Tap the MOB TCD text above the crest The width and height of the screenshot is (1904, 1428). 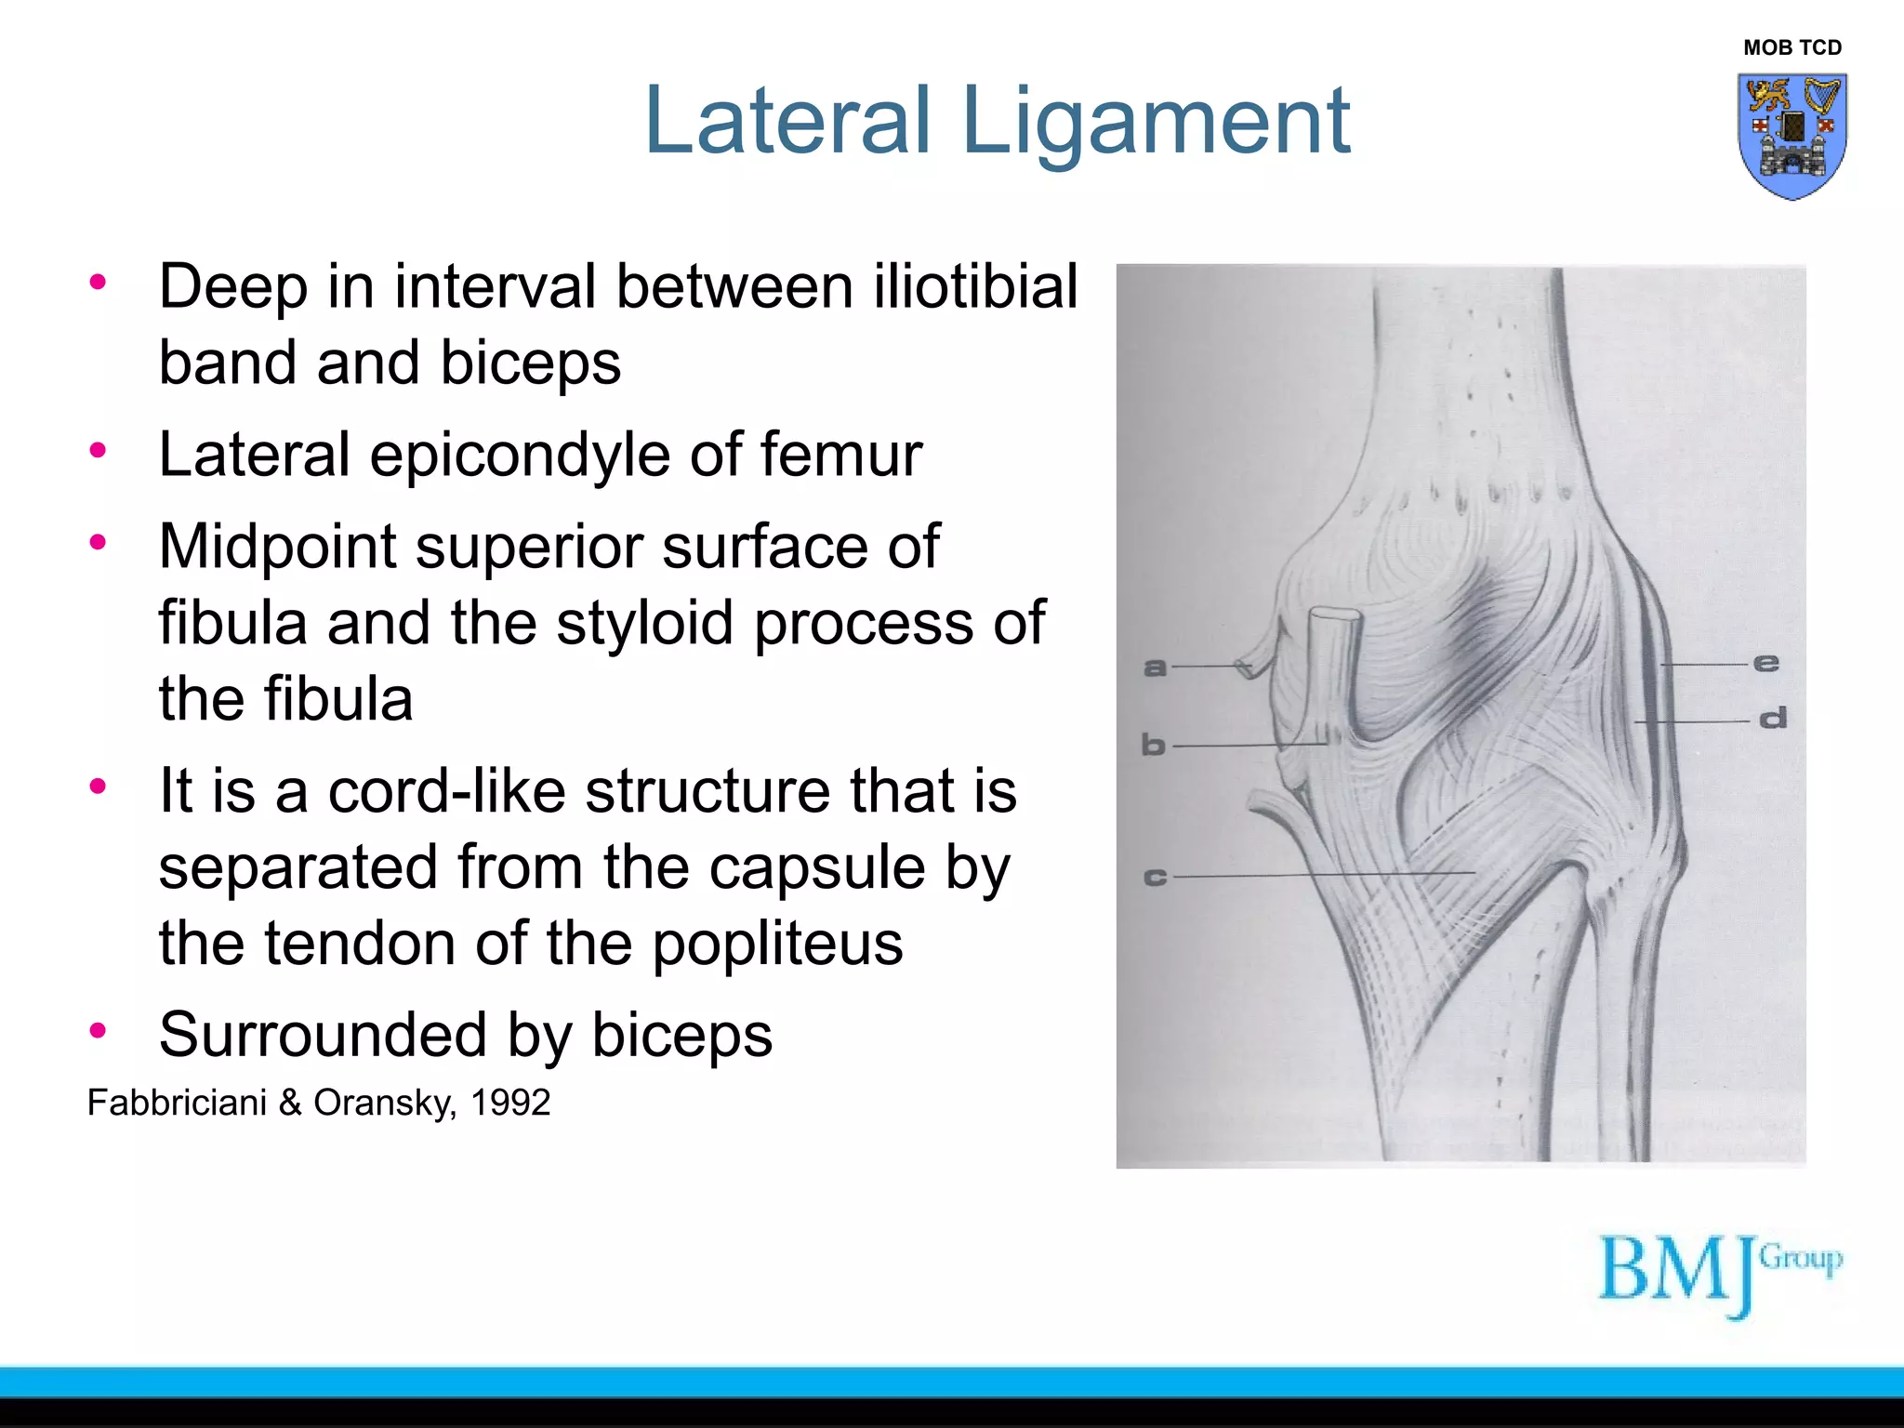tap(1792, 47)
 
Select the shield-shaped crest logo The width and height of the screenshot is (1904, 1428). tap(1792, 136)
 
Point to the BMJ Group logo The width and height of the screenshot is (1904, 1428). tap(1719, 1274)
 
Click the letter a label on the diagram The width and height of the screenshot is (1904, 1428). tap(1155, 667)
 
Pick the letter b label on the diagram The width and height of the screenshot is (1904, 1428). tap(1153, 745)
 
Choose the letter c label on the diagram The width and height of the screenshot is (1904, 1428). tap(1154, 877)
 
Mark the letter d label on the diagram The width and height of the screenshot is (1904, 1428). tap(1773, 719)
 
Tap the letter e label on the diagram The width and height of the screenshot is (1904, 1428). tap(1765, 663)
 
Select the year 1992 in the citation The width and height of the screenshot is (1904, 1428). tap(510, 1103)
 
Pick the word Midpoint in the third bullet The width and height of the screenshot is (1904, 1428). tap(277, 547)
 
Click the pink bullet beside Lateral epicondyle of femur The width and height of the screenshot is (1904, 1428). tap(98, 451)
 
